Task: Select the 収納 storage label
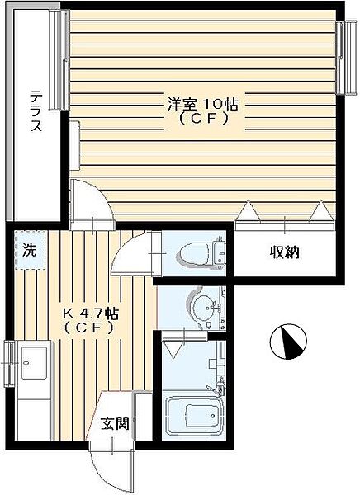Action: click(282, 252)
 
